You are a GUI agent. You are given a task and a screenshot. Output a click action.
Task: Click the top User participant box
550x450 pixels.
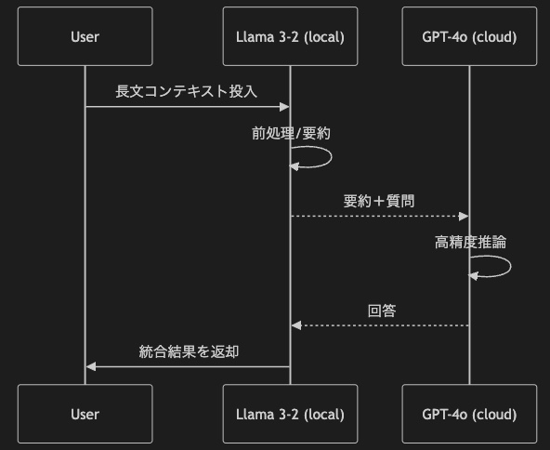coord(85,36)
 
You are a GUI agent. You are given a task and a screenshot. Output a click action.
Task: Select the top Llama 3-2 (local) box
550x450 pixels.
coord(291,36)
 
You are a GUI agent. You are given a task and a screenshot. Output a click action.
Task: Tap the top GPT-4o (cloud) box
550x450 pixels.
coord(469,36)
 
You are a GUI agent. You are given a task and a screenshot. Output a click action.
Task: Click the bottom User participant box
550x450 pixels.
coord(85,414)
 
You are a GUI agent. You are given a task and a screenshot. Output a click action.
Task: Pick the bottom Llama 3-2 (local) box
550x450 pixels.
coord(291,414)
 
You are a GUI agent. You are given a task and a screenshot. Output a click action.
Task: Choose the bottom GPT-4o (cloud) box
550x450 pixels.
coord(469,414)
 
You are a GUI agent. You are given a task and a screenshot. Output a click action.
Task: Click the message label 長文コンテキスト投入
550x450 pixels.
coord(186,91)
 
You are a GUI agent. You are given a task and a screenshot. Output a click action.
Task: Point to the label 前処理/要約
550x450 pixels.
coord(291,133)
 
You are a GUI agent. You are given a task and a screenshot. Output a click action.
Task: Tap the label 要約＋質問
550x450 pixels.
coord(379,201)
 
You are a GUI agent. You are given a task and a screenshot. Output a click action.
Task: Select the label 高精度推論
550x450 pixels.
coord(470,242)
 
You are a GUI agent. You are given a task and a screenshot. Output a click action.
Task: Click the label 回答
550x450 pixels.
coord(382,311)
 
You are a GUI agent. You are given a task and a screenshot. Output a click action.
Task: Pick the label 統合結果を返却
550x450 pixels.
coord(189,351)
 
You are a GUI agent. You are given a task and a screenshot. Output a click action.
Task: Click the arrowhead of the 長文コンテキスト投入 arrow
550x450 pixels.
coord(284,107)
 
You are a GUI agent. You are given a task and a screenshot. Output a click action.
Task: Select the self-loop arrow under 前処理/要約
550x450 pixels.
coord(331,157)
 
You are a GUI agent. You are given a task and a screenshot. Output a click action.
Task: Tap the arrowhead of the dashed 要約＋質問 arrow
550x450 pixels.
coord(464,217)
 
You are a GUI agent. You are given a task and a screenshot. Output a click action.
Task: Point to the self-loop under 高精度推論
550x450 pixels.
coord(511,267)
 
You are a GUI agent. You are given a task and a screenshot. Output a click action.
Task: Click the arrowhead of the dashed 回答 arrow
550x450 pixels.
coord(296,325)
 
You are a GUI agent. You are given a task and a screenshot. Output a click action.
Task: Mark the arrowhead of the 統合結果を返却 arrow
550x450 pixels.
coord(91,367)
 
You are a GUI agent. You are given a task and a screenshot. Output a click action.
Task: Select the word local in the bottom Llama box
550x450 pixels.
coord(324,415)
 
